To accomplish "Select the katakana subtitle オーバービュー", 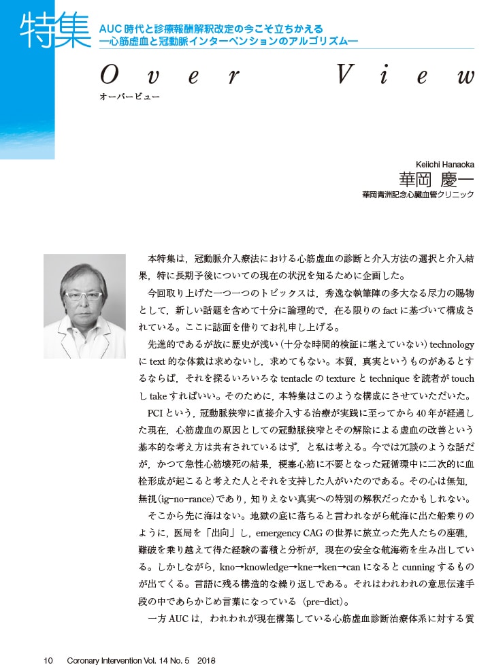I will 129,96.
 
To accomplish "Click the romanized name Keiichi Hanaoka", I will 444,165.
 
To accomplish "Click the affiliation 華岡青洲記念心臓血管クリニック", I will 418,195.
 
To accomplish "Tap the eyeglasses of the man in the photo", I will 84,296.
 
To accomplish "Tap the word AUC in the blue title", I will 110,29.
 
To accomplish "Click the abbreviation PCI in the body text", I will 156,412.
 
